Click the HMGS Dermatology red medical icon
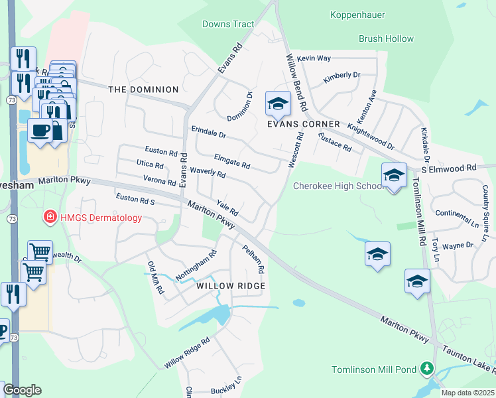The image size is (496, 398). coord(49,217)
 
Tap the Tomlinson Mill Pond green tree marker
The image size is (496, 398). coord(428,369)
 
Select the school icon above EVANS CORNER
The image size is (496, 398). coord(278,103)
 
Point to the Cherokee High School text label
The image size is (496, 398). coord(338,186)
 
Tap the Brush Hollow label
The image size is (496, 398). coord(386,39)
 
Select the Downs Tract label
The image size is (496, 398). coord(229,25)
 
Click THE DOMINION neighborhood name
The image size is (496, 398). coord(143,90)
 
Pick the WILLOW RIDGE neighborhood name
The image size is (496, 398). coord(231,286)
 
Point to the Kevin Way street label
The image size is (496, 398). coord(314,58)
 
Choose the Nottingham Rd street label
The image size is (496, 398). coord(196,264)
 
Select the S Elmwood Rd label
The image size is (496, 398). coord(453,168)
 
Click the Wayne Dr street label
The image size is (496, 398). coord(458,245)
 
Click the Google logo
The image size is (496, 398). coord(22,390)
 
